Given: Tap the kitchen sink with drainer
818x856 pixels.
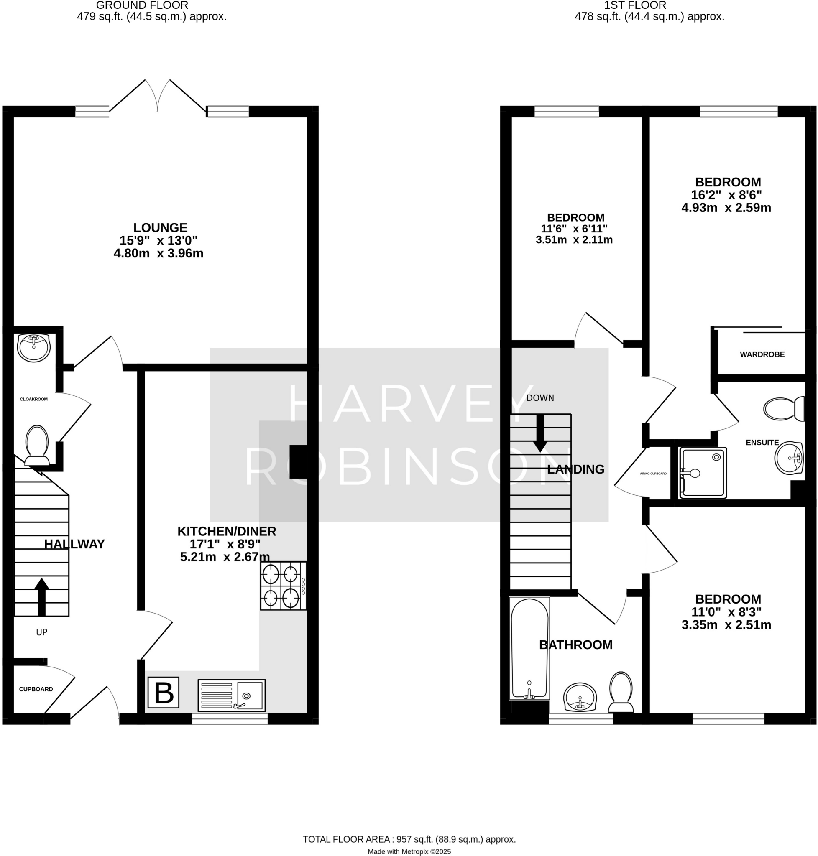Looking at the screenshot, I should (232, 695).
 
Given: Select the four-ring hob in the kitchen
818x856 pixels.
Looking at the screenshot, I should (283, 585).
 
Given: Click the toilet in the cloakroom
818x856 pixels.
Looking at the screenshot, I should (37, 445).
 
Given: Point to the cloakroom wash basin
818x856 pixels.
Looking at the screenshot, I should (34, 348).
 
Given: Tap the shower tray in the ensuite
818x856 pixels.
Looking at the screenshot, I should (703, 472).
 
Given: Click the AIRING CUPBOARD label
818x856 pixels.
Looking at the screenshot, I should (653, 473).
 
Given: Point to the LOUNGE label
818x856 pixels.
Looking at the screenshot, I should (160, 227).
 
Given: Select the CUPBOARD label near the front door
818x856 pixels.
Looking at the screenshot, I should (36, 689).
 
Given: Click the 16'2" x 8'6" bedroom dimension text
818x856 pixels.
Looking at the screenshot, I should (726, 195).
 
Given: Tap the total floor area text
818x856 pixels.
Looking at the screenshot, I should (409, 839).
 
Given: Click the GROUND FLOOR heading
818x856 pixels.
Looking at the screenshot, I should (142, 6).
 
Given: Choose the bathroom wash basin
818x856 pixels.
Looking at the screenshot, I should (580, 696).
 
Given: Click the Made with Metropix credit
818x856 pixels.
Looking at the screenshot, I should (409, 851).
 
